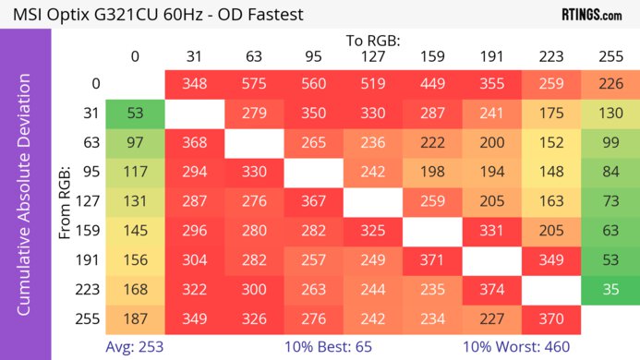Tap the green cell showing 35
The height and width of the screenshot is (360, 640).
(x=610, y=288)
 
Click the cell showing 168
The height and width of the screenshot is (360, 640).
(x=135, y=288)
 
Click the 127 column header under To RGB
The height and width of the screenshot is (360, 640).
(x=372, y=57)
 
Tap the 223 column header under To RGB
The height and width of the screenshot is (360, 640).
(x=550, y=57)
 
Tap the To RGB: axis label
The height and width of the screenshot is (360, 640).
(x=373, y=41)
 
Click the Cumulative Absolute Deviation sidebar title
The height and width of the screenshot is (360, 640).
(x=25, y=201)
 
